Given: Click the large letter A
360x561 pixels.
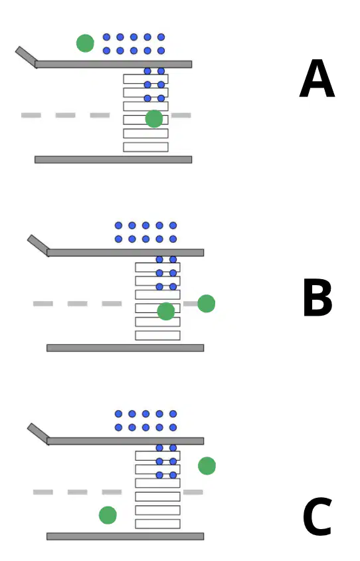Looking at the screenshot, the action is pyautogui.click(x=317, y=78).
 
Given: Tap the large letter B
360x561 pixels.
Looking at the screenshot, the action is pyautogui.click(x=317, y=298).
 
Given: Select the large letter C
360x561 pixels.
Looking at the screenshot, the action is pyautogui.click(x=317, y=516).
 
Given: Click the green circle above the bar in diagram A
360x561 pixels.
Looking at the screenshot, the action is pyautogui.click(x=85, y=43).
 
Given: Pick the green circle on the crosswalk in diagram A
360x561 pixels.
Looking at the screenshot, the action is pyautogui.click(x=154, y=119).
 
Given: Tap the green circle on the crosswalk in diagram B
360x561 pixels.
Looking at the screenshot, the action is pyautogui.click(x=166, y=311).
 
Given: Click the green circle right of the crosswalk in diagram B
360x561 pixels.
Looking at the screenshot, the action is pyautogui.click(x=207, y=303).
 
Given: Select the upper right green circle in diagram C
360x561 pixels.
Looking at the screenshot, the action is pyautogui.click(x=207, y=466).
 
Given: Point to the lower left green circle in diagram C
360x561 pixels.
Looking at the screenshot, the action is pyautogui.click(x=108, y=515).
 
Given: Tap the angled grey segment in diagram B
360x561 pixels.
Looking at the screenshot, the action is pyautogui.click(x=39, y=245).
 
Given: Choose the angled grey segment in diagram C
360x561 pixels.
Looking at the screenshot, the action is pyautogui.click(x=39, y=433).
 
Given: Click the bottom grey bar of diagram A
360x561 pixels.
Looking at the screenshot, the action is pyautogui.click(x=114, y=160).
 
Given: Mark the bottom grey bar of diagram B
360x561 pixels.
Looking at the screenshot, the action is pyautogui.click(x=125, y=348).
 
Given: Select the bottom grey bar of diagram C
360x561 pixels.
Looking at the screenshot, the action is pyautogui.click(x=125, y=536).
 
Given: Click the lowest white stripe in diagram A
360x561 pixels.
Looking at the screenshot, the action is pyautogui.click(x=146, y=147).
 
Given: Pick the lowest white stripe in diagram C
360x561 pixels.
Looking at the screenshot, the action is pyautogui.click(x=157, y=524).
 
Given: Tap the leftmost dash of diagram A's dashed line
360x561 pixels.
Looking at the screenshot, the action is pyautogui.click(x=31, y=115).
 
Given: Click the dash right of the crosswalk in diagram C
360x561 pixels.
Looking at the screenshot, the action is pyautogui.click(x=193, y=492).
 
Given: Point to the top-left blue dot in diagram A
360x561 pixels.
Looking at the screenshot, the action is pyautogui.click(x=106, y=37).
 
